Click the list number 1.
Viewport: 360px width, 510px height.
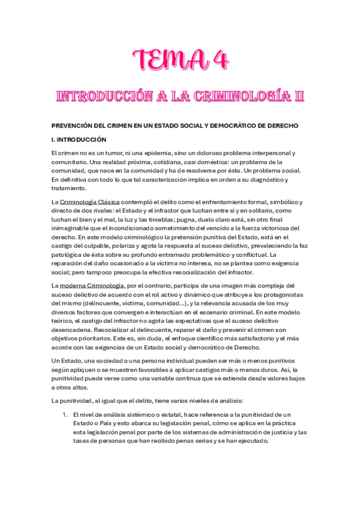[x=65, y=415]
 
